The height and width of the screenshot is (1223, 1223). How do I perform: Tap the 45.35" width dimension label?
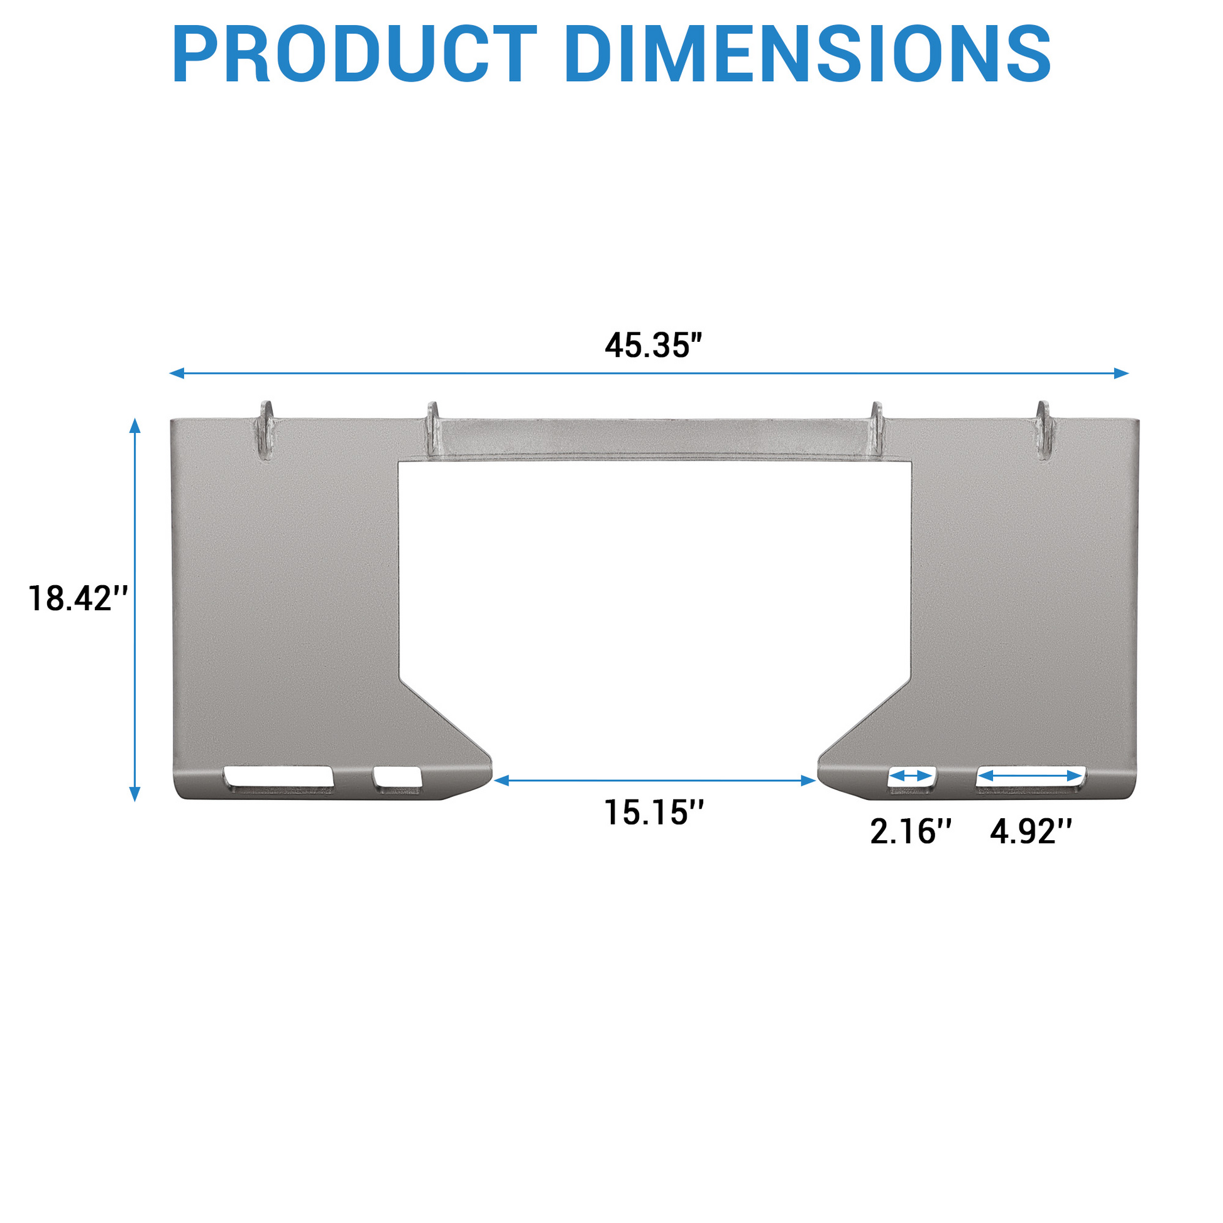pyautogui.click(x=654, y=346)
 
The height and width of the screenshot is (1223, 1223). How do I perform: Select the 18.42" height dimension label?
pyautogui.click(x=79, y=598)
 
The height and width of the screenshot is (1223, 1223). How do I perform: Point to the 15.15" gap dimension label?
pyautogui.click(x=654, y=812)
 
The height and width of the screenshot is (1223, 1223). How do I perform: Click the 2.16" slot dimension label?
pyautogui.click(x=911, y=831)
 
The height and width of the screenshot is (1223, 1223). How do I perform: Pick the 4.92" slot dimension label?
pyautogui.click(x=1031, y=831)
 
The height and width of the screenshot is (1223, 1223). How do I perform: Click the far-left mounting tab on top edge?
pyautogui.click(x=266, y=431)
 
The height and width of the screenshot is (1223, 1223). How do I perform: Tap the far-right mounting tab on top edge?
pyautogui.click(x=1043, y=431)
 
